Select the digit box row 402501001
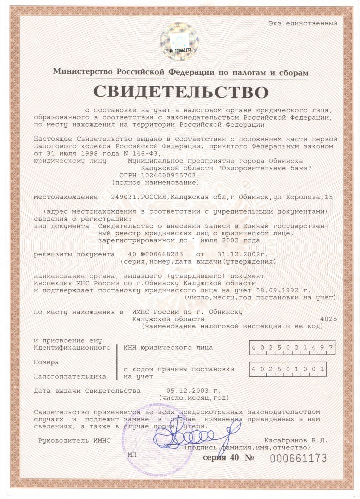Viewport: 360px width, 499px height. (x=287, y=369)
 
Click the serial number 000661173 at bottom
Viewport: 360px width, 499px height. (x=298, y=458)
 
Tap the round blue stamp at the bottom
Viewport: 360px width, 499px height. (x=165, y=434)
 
